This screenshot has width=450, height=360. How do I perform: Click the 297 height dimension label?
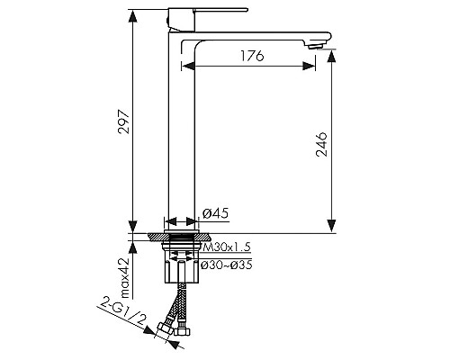click(124, 122)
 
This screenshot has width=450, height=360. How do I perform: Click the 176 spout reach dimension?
click(252, 56)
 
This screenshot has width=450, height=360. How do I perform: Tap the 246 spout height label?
click(321, 144)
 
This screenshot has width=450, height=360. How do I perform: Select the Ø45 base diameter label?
click(215, 213)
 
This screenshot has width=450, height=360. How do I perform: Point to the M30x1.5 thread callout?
click(227, 247)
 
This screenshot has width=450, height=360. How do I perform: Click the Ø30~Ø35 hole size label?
click(227, 265)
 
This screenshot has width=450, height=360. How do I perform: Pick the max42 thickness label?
click(124, 278)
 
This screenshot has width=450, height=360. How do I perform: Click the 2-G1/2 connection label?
click(123, 312)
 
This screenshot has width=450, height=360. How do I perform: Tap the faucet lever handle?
click(220, 10)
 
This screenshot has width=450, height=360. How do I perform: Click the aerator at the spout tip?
click(316, 46)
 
